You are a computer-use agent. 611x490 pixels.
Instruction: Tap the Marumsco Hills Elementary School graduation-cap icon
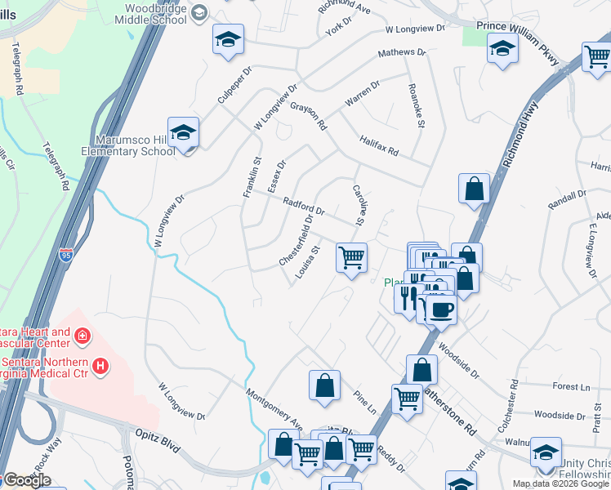coord(184,132)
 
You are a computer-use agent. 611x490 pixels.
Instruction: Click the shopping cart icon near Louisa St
coord(351,257)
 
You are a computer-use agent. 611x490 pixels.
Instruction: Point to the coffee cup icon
coord(441,310)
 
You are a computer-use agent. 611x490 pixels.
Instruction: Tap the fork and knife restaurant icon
coord(408,296)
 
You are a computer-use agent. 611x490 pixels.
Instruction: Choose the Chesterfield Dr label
coord(297,239)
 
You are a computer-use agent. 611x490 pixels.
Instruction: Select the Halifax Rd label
coord(379,146)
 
